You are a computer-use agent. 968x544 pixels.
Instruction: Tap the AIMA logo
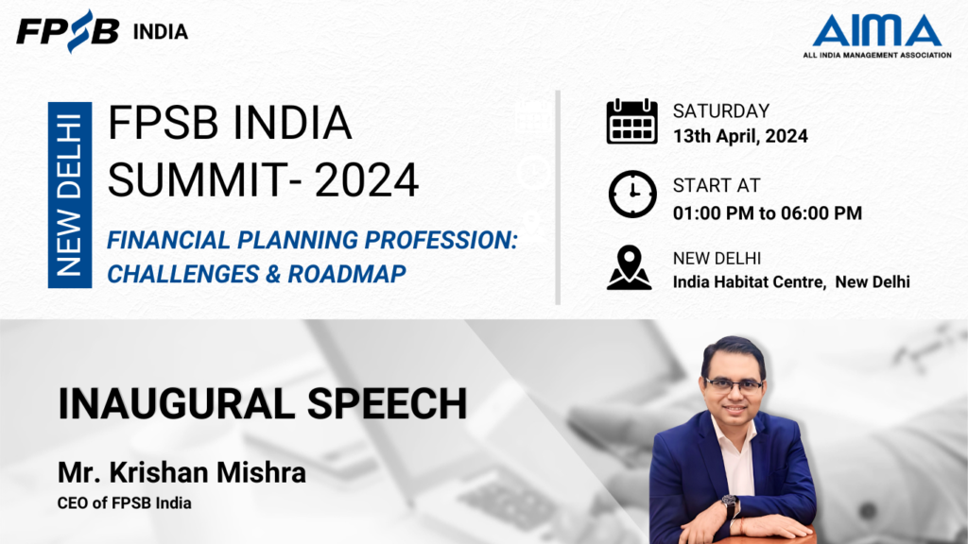pos(876,36)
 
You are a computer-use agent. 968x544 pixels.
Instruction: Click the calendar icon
pos(631,121)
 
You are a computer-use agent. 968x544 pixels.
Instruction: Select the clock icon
pos(632,195)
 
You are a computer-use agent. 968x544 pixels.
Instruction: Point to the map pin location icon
pos(629,267)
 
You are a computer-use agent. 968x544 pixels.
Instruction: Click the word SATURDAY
pos(721,111)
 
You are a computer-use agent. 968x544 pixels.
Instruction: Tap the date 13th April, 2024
pos(740,136)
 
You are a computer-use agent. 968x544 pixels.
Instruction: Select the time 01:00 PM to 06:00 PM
pos(768,213)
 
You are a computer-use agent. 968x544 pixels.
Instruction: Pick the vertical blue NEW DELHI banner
pos(70,195)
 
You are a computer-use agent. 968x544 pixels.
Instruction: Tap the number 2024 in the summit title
pos(367,180)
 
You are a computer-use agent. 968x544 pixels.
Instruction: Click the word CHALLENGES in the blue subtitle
pos(182,274)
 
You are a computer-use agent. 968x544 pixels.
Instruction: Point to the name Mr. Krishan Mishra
pos(181,473)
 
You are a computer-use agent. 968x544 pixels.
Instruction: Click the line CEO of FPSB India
pos(124,503)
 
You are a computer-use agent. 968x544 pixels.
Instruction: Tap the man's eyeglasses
pos(734,386)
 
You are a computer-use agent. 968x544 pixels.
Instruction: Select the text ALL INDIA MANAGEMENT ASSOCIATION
pos(876,55)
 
